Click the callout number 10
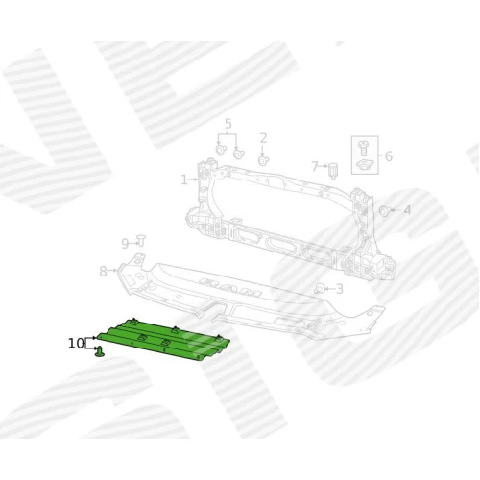coord(76,344)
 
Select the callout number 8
coord(103,271)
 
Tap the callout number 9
coord(125,244)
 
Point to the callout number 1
coord(184,180)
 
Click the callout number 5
coord(228,124)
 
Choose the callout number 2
coord(263,138)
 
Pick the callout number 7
coord(315,166)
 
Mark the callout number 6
coord(388,156)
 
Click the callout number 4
coord(407,210)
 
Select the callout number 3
coord(339,289)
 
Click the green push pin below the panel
coord(100,351)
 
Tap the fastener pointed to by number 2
coord(263,160)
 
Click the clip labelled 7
coord(333,170)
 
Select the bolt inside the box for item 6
coord(363,148)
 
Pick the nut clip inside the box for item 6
coord(364,164)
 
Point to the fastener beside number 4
coord(384,211)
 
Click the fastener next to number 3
coord(320,289)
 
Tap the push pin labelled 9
coord(141,241)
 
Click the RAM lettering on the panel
coord(229,287)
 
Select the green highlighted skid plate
coord(163,340)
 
